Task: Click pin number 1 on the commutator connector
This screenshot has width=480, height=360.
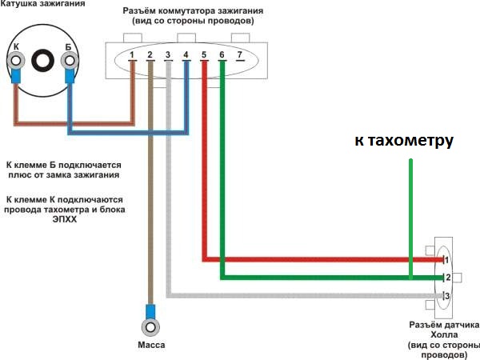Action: pyautogui.click(x=132, y=55)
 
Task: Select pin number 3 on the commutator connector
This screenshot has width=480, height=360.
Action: pyautogui.click(x=168, y=55)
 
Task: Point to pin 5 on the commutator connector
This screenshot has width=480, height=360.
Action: pyautogui.click(x=204, y=55)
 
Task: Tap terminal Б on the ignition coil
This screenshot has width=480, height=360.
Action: pyautogui.click(x=69, y=59)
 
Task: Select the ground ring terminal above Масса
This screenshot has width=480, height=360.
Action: pyautogui.click(x=150, y=327)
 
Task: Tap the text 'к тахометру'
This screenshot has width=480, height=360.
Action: pyautogui.click(x=404, y=141)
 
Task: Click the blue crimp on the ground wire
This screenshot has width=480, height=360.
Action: pyautogui.click(x=150, y=310)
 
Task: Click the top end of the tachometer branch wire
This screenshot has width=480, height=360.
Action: pyautogui.click(x=410, y=162)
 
